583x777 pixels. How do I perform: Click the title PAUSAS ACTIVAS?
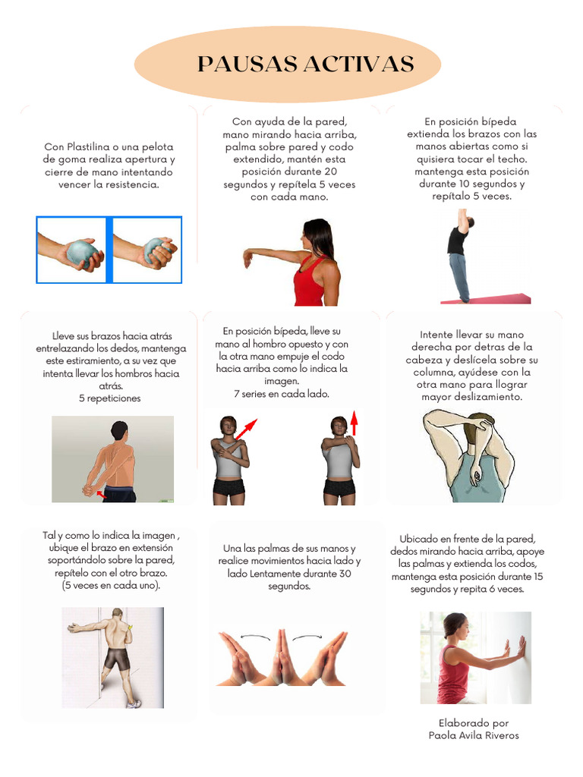305,64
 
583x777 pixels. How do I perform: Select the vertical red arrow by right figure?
353,423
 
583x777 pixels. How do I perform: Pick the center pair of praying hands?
282,657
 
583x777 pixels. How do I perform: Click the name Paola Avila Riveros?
474,735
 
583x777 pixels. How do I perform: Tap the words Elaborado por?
474,723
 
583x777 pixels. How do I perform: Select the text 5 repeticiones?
109,398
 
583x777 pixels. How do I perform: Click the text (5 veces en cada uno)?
111,585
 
